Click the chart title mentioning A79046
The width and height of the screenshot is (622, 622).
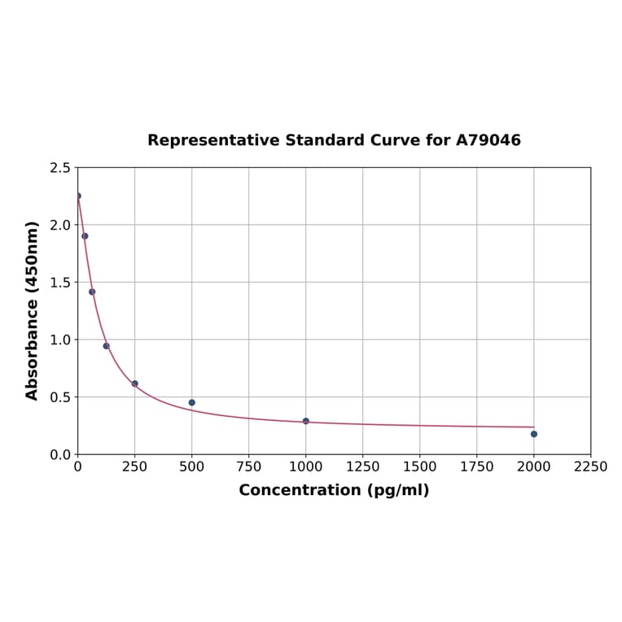[x=334, y=140]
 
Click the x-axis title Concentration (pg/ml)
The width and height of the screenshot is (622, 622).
[x=334, y=490]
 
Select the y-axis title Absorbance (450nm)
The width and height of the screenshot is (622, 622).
[x=33, y=310]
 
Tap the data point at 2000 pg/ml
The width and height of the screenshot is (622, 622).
[x=534, y=434]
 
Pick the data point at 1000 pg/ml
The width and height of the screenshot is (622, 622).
[x=306, y=421]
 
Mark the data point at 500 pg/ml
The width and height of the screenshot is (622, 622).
[x=192, y=402]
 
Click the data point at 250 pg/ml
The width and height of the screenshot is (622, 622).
[x=135, y=383]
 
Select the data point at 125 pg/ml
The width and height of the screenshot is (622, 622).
[x=107, y=346]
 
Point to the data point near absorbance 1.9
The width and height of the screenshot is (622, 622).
[x=85, y=236]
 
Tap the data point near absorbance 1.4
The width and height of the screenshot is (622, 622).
[x=92, y=291]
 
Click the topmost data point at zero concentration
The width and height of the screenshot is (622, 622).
[x=78, y=196]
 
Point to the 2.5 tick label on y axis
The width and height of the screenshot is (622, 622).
[x=59, y=168]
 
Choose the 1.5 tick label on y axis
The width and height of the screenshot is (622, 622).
[x=59, y=283]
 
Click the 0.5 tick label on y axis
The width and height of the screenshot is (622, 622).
[x=59, y=397]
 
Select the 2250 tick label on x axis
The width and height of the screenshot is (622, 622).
[x=591, y=466]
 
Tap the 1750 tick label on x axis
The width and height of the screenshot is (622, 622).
[x=477, y=466]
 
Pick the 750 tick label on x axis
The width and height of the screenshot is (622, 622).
[x=249, y=466]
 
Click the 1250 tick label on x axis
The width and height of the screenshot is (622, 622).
[x=363, y=466]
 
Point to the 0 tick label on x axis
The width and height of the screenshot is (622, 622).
[x=78, y=466]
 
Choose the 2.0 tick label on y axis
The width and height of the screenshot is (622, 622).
[x=59, y=225]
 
